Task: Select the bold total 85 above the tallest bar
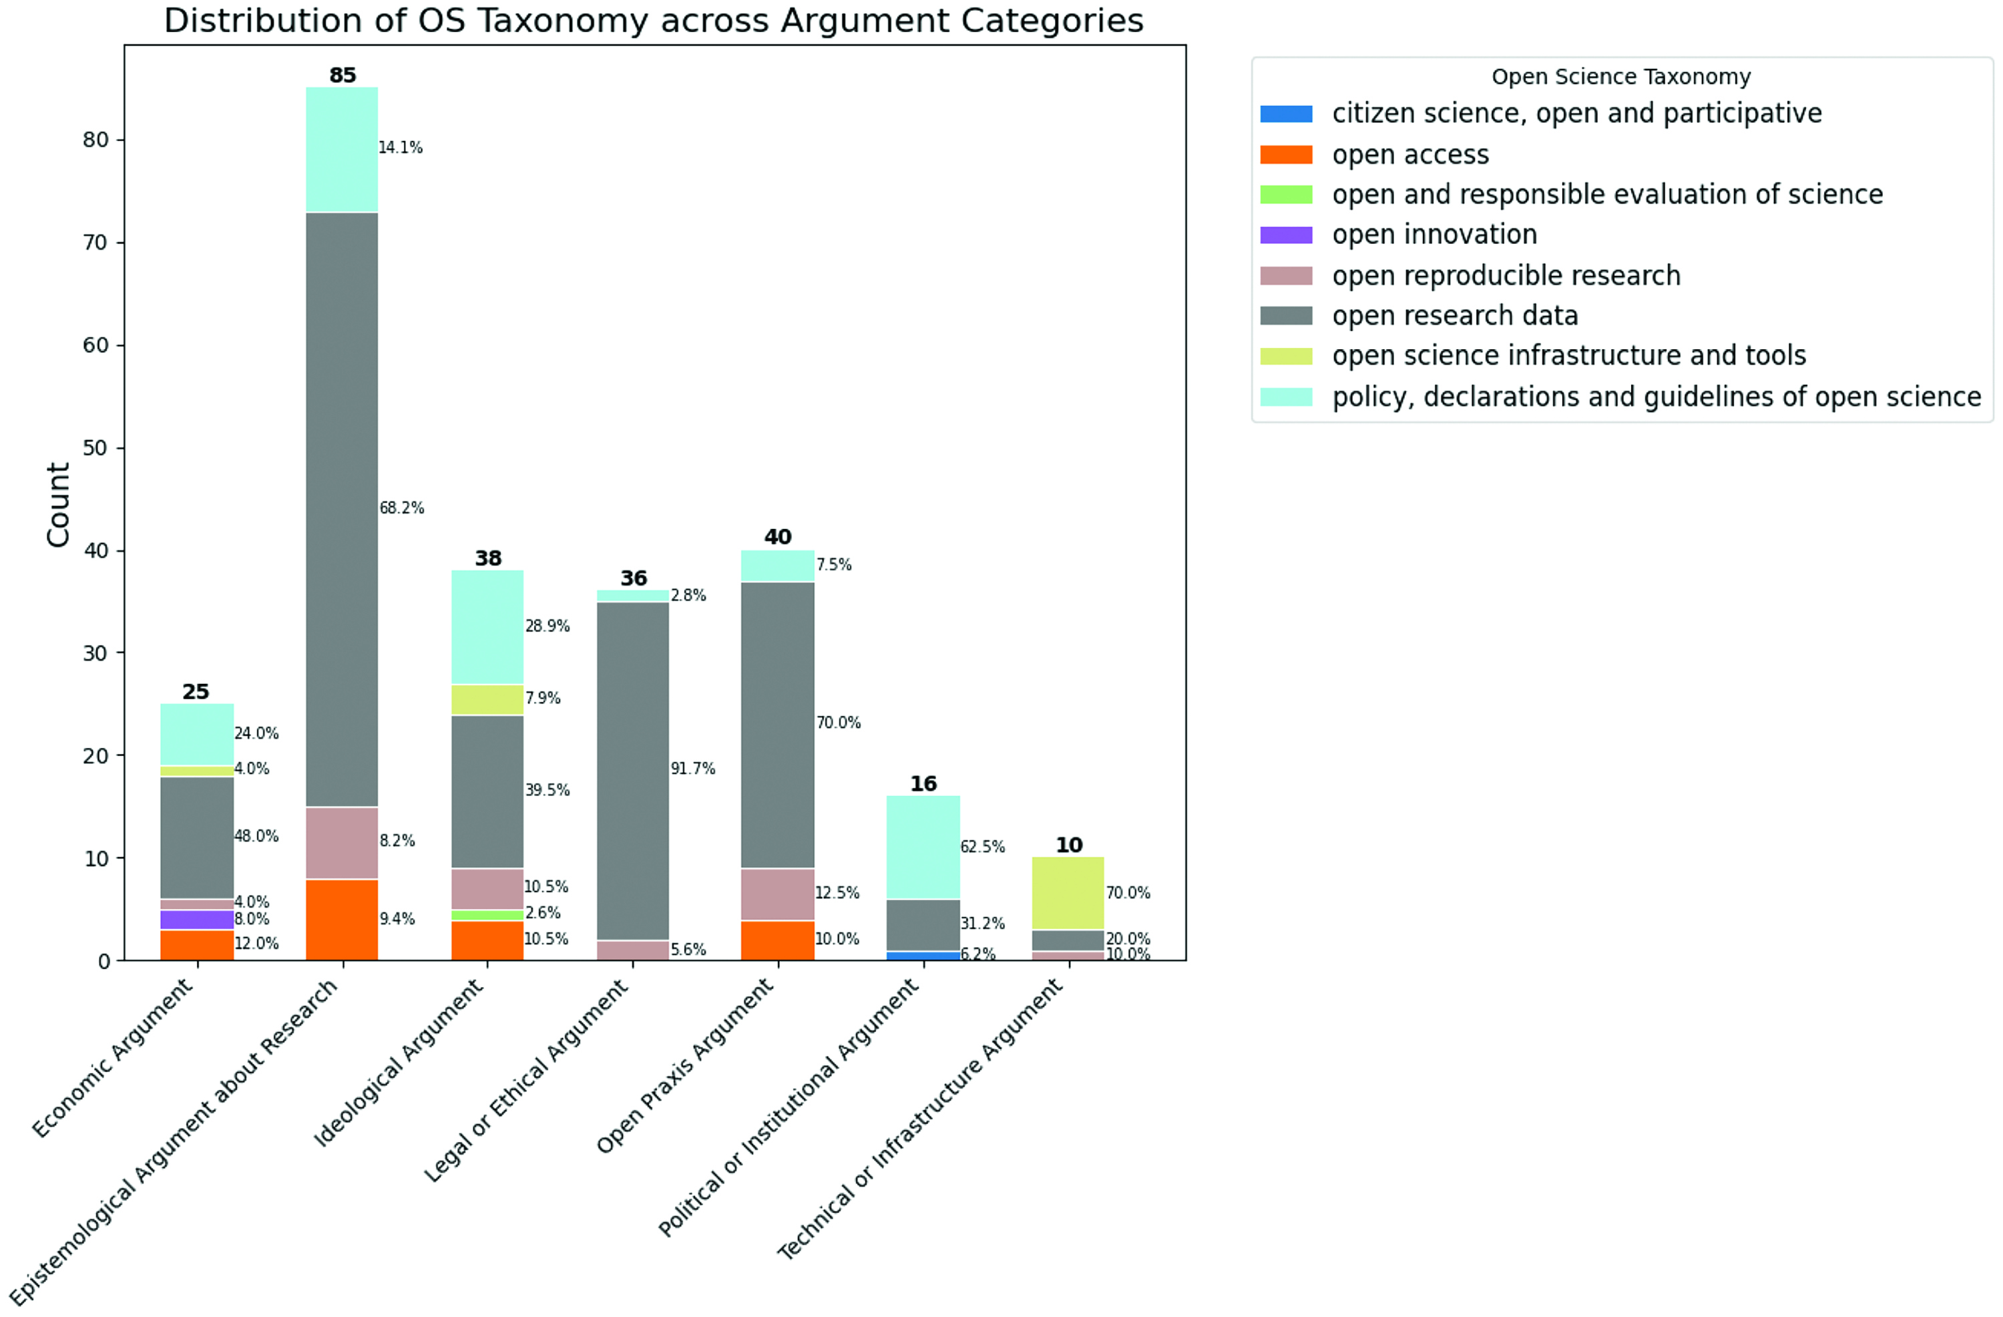coord(343,75)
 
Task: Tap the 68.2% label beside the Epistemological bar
coord(401,508)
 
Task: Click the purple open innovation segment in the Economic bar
coord(197,920)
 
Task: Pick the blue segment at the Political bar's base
coord(923,956)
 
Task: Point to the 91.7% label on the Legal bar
coord(692,768)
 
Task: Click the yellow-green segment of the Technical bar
coord(1068,894)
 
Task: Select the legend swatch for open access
coord(1286,155)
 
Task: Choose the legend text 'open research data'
coord(1455,316)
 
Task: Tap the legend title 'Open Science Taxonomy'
coord(1621,77)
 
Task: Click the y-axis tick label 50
coord(96,448)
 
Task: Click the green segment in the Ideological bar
coord(487,916)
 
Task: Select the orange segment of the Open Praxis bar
coord(778,940)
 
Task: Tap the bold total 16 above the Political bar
coord(923,784)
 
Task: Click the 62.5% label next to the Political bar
coord(982,846)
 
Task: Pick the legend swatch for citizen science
coord(1286,114)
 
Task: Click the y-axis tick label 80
coord(96,140)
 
